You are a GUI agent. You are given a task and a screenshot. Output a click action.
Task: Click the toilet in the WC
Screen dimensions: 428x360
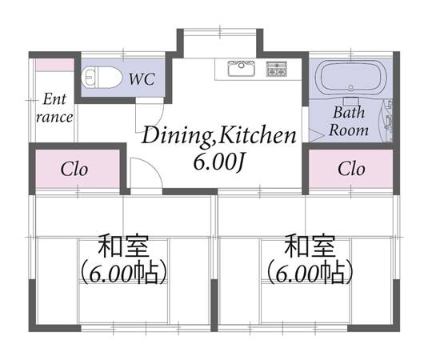tap(102, 78)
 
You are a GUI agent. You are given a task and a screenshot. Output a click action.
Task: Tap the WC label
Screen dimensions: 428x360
tap(142, 79)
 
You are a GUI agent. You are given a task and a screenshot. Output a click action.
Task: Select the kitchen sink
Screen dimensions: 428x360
tap(242, 68)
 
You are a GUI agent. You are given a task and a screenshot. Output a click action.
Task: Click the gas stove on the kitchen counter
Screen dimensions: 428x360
tap(277, 69)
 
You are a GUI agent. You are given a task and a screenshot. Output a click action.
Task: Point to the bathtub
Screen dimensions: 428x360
tap(350, 78)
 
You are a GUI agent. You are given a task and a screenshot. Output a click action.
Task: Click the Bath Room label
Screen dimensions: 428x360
tap(349, 121)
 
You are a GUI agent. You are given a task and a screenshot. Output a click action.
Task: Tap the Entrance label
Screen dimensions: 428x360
tap(54, 108)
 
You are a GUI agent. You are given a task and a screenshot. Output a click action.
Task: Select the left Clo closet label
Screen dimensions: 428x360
tap(74, 170)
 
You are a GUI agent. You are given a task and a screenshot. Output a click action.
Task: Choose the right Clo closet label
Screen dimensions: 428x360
tap(351, 169)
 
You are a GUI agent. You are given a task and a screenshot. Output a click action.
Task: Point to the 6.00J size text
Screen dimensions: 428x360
tap(218, 162)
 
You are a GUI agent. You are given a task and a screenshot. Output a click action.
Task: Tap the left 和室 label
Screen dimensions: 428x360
tap(124, 246)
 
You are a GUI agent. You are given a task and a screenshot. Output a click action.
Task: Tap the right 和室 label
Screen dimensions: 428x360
tap(310, 246)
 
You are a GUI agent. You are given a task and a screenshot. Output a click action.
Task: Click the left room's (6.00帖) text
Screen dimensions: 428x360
tap(123, 274)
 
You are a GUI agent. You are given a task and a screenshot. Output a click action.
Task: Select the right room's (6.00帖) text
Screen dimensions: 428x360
tap(310, 274)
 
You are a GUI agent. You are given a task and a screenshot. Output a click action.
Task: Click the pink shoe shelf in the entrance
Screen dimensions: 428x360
tap(55, 65)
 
